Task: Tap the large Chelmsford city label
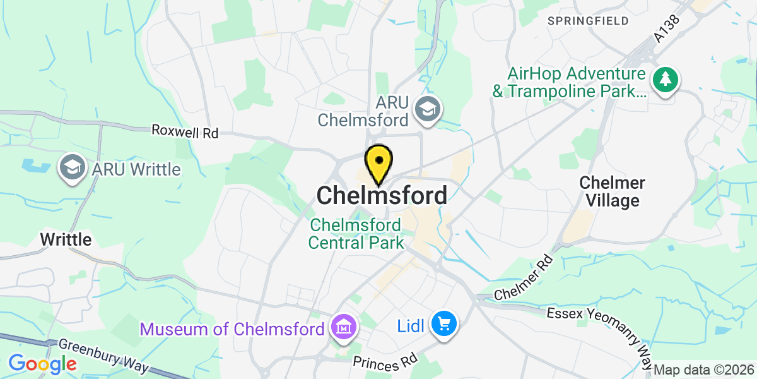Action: point(382,195)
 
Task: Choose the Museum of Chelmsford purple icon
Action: point(344,328)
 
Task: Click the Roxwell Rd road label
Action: point(185,133)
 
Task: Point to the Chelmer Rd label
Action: point(524,279)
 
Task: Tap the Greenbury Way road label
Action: point(103,356)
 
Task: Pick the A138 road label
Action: point(667,29)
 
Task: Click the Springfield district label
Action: point(588,21)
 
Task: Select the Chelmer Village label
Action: point(612,192)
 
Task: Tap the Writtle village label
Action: point(66,239)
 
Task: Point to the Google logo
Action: point(42,364)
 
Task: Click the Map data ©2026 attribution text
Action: point(703,370)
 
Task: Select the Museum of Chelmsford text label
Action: point(233,328)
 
